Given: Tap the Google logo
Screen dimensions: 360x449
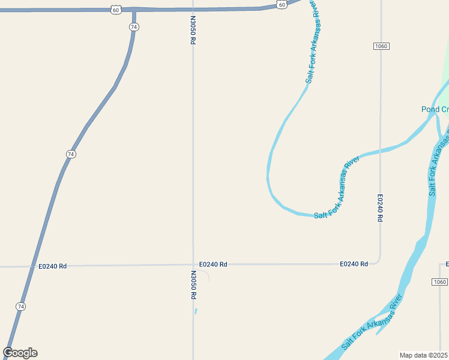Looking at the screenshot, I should tap(20, 352).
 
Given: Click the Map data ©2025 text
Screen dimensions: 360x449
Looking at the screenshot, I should tap(423, 355).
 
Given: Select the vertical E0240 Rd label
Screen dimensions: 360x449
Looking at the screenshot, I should tap(380, 208).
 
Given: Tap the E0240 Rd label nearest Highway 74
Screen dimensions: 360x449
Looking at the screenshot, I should tap(52, 266).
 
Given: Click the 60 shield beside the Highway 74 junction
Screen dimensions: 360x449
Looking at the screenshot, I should tap(116, 10).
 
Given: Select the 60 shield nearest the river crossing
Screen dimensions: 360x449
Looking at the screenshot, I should tap(282, 4).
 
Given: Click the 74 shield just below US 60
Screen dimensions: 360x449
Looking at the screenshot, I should tap(134, 27).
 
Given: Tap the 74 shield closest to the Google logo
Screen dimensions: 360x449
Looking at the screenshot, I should tap(20, 306).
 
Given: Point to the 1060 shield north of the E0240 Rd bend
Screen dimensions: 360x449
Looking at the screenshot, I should tap(381, 46).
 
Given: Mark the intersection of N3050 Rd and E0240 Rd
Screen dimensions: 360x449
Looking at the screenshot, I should tap(193, 265).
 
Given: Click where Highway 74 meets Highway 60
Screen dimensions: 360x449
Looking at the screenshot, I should tap(133, 10).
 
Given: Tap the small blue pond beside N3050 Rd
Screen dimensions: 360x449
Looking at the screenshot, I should tap(196, 311).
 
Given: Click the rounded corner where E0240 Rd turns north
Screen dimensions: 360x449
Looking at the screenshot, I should tap(378, 261).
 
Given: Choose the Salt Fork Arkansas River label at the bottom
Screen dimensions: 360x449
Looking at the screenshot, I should tap(372, 322).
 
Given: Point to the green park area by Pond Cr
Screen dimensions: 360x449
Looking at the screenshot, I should tap(445, 78).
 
